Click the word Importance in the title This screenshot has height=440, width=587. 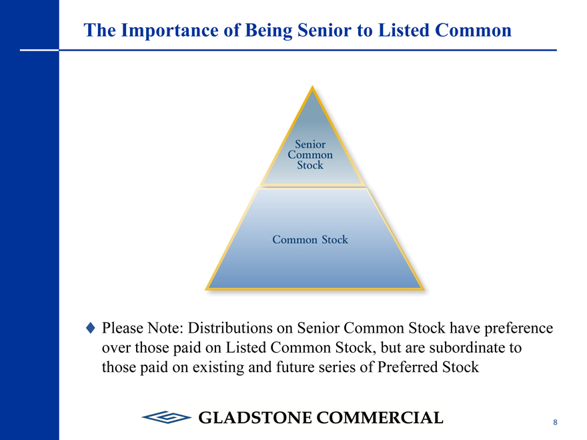click(x=170, y=30)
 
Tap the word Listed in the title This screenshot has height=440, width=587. click(x=404, y=30)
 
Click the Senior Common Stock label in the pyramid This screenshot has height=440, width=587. click(x=310, y=155)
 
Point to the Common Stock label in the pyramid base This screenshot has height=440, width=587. click(x=310, y=239)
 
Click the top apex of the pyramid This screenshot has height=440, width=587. click(x=312, y=87)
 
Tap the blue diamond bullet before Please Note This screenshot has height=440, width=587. click(x=91, y=328)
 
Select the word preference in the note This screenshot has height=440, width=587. click(x=518, y=329)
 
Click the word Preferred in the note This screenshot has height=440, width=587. click(x=408, y=367)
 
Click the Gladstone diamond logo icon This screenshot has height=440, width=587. click(x=167, y=417)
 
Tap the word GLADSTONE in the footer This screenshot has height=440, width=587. click(x=255, y=417)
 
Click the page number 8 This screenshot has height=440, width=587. click(x=555, y=422)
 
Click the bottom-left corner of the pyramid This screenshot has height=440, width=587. click(x=206, y=289)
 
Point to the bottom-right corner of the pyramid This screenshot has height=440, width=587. click(x=424, y=289)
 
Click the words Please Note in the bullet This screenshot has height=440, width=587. click(x=142, y=328)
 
